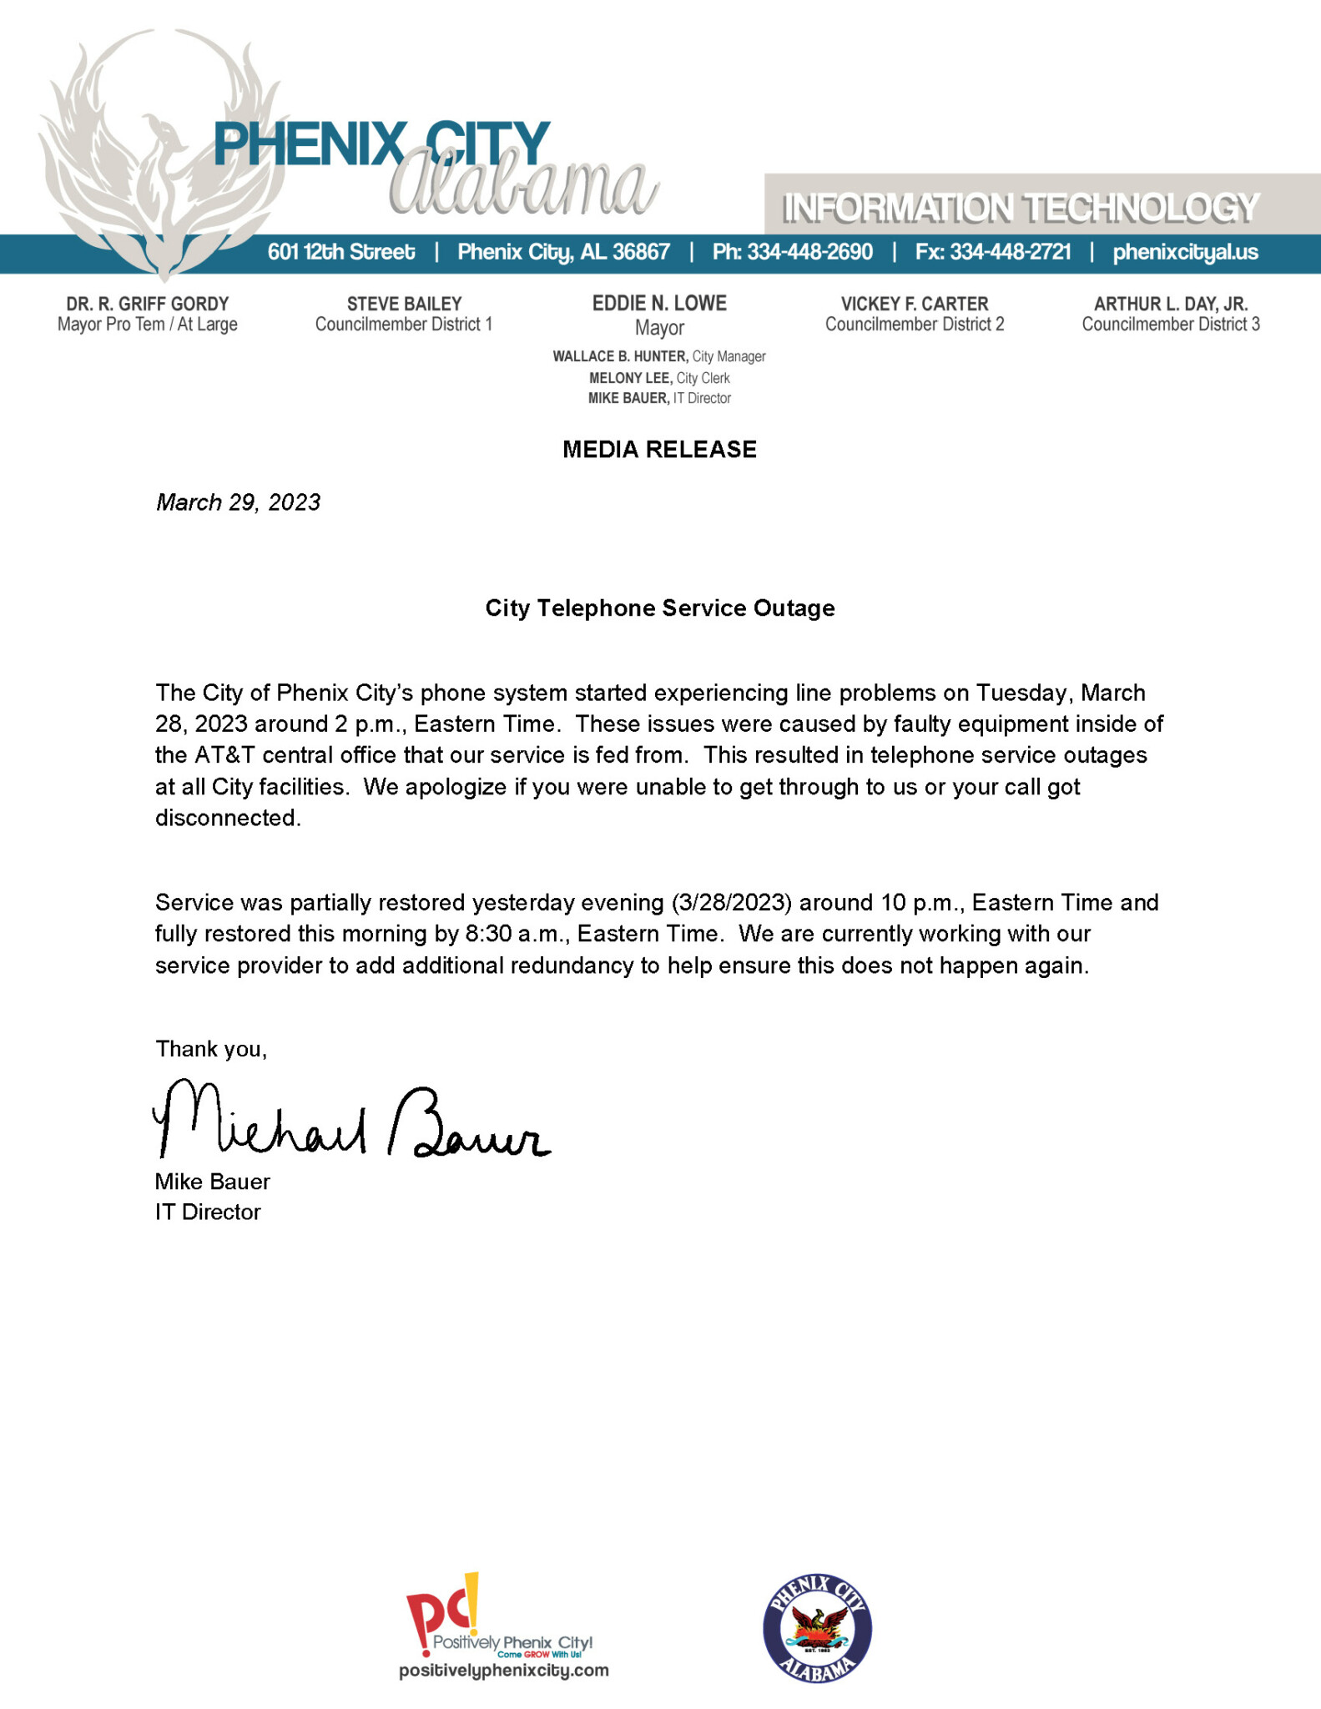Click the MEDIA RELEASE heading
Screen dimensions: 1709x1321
point(659,450)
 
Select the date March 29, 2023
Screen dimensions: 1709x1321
point(238,502)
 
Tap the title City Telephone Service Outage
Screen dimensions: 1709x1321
point(659,608)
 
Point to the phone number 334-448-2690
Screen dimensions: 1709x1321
point(809,252)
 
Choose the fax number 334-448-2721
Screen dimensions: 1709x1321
point(1010,252)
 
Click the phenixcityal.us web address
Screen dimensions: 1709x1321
point(1185,252)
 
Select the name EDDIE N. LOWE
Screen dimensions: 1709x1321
point(659,304)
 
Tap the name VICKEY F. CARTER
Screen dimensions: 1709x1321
point(915,304)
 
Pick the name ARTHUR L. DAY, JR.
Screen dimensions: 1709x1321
point(1171,304)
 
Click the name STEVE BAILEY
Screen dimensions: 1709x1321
point(404,304)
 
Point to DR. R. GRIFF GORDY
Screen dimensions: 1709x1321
point(148,304)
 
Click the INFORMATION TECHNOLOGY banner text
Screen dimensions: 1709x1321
point(1020,208)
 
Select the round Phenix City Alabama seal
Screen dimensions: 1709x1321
point(817,1629)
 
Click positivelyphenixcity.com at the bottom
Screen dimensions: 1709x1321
point(503,1671)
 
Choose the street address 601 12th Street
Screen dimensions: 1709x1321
point(340,252)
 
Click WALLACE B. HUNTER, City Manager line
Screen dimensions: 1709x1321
point(659,357)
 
